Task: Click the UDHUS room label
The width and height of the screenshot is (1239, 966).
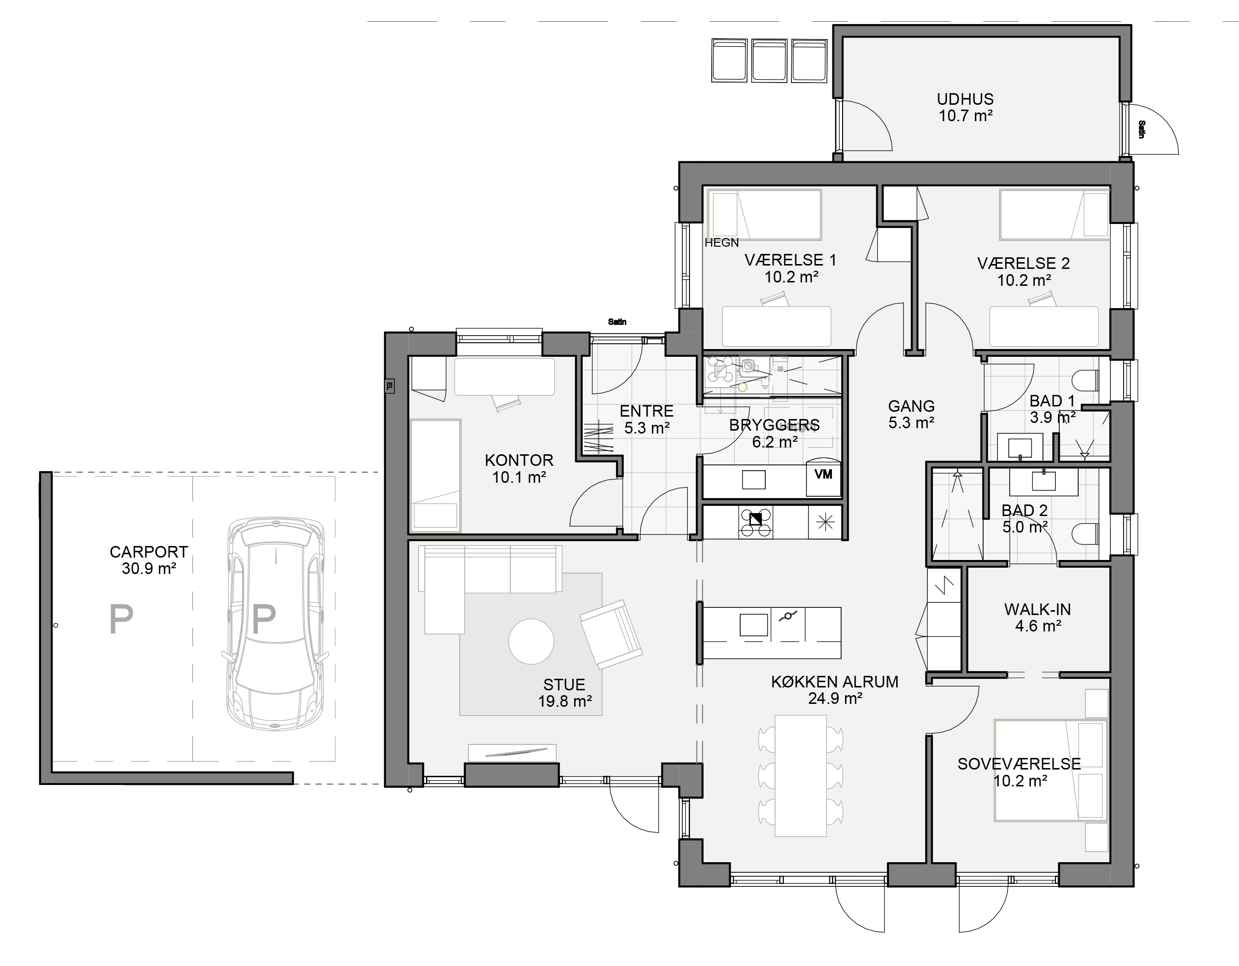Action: pos(965,99)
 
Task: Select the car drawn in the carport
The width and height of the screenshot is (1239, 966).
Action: pos(276,624)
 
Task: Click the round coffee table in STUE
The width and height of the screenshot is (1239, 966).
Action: pos(531,641)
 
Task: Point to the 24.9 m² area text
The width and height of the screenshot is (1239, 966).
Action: pos(835,698)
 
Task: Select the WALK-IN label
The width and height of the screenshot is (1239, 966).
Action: pos(1038,609)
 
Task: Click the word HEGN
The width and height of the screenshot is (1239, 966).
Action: pos(721,243)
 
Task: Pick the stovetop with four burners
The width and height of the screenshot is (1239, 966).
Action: pos(755,522)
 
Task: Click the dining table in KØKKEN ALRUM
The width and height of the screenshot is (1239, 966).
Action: pos(801,775)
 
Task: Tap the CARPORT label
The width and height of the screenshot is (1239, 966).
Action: pos(149,552)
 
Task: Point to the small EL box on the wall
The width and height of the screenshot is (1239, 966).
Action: pos(389,386)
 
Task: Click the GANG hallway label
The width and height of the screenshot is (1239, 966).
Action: pos(911,406)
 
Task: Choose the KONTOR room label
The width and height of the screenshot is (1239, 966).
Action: pos(519,460)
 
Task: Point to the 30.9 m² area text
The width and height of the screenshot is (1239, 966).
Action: pos(149,568)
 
